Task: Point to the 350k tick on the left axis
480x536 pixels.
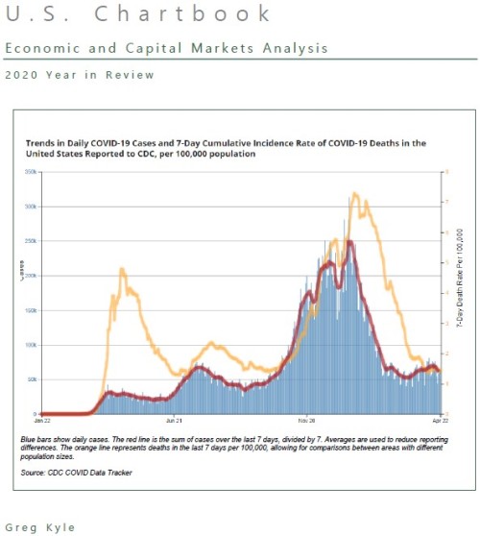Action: (x=31, y=172)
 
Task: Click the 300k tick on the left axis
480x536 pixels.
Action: (x=31, y=207)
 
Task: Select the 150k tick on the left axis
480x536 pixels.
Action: (x=31, y=310)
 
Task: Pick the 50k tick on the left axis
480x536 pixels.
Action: (x=32, y=379)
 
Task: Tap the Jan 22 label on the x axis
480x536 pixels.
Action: (x=42, y=420)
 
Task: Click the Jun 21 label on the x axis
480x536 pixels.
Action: (x=175, y=420)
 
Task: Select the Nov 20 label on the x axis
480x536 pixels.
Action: (x=307, y=420)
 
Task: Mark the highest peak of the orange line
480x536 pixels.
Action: (x=354, y=194)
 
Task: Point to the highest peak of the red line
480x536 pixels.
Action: (x=350, y=242)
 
